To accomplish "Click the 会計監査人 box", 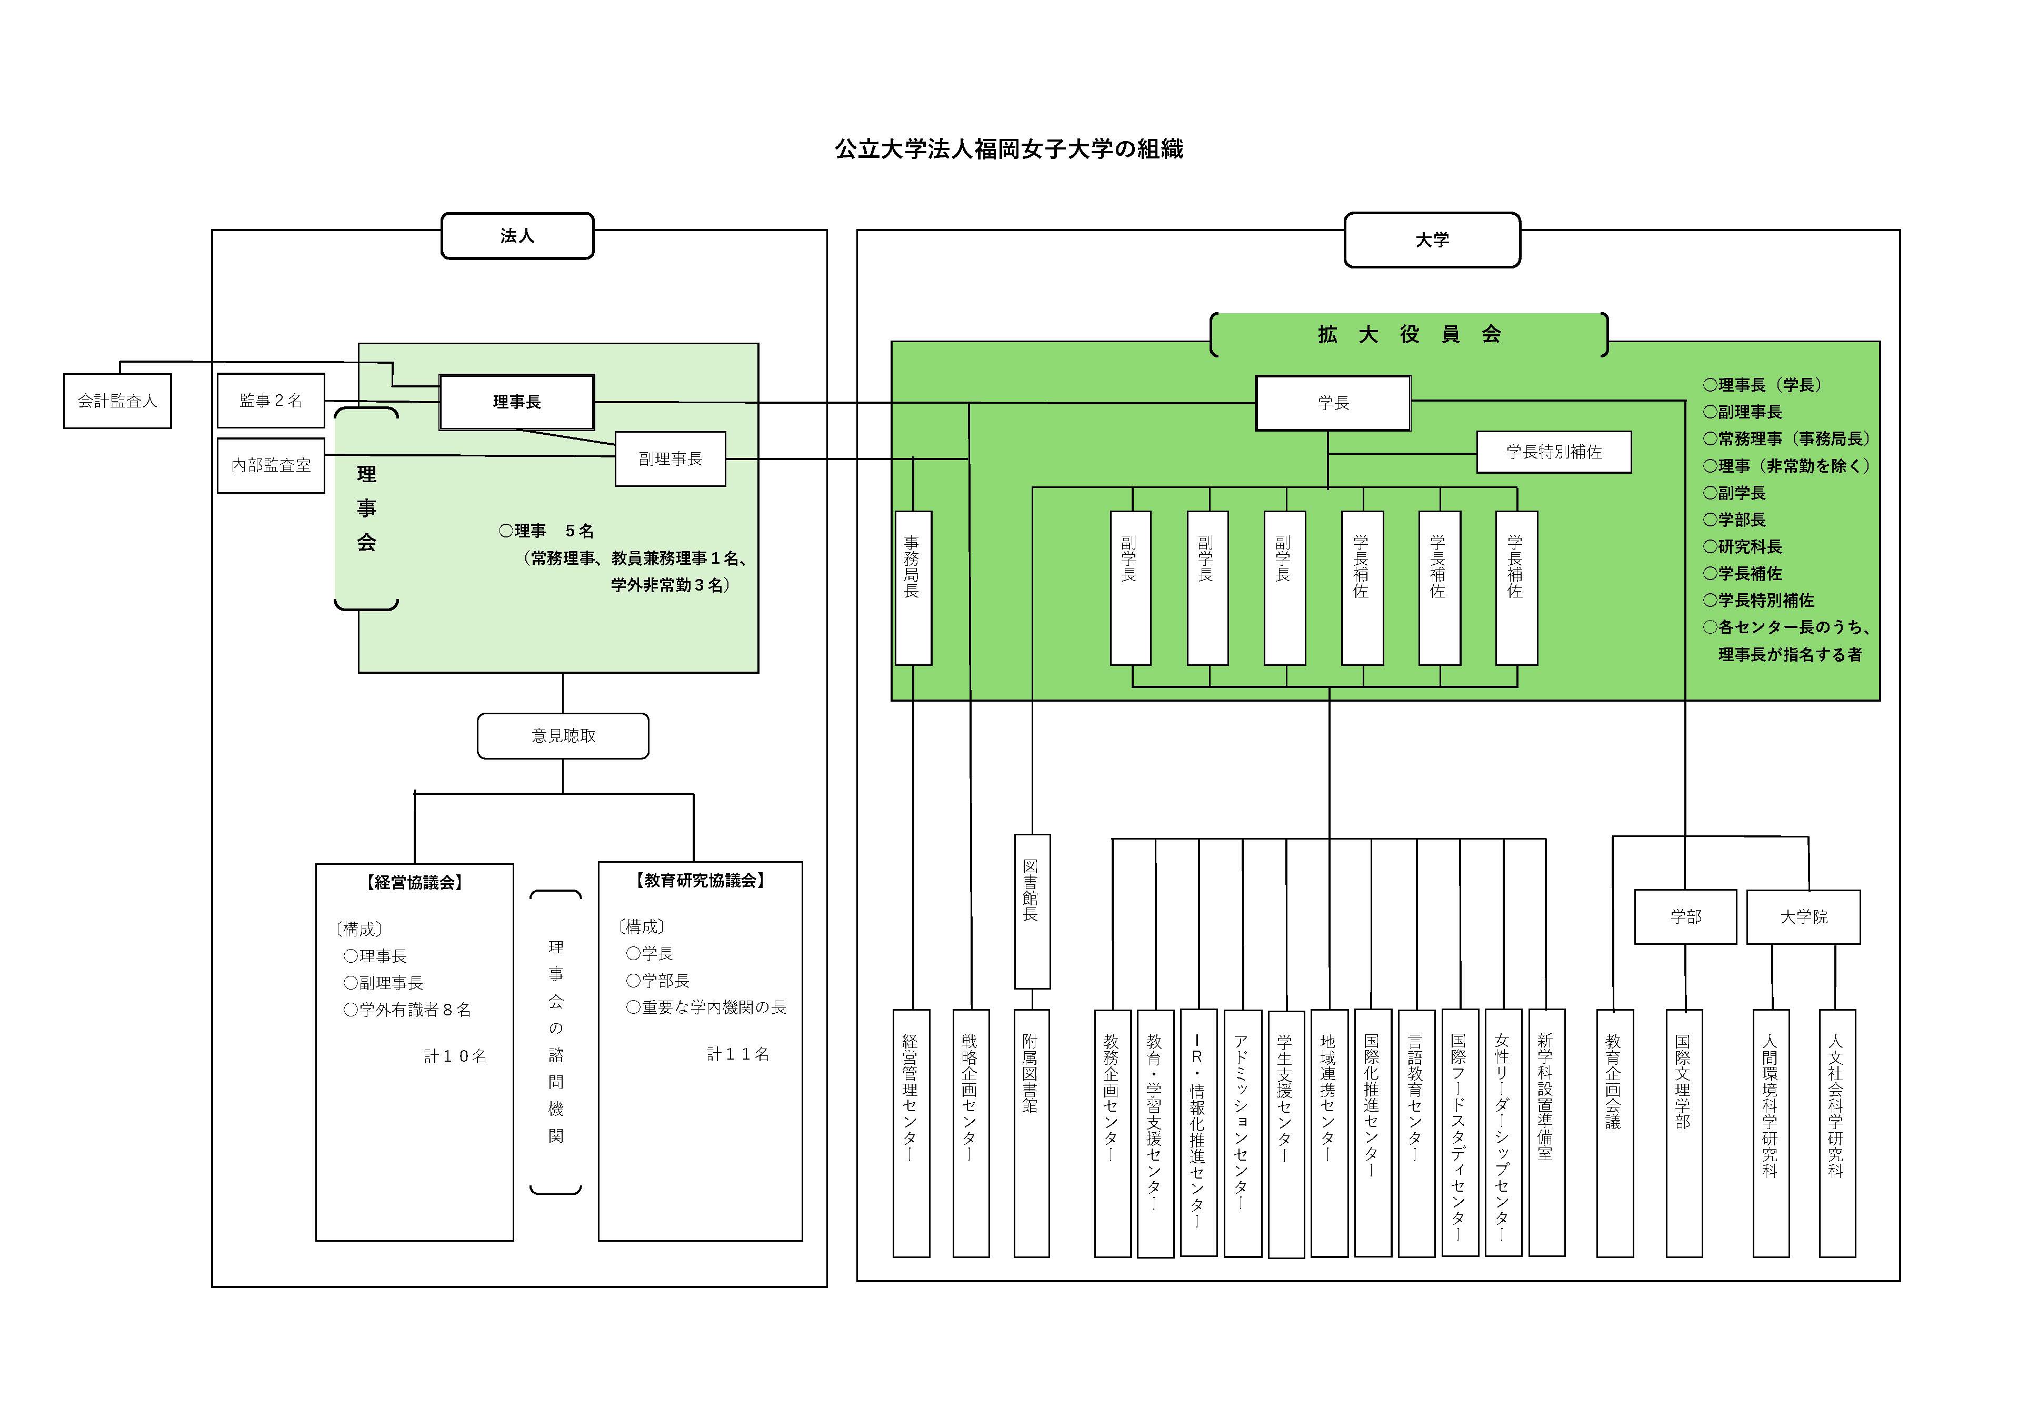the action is [117, 401].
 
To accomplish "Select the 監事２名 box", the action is [271, 400].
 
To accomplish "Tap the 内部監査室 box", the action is [271, 465].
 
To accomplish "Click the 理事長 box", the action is [517, 402].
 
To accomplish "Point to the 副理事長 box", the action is [671, 459].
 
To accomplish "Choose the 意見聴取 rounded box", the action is [563, 736].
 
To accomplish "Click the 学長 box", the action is [1333, 403].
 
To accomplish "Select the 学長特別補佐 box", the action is [1554, 452].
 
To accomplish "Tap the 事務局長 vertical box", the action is [913, 588].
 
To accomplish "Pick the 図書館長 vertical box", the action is [1032, 912].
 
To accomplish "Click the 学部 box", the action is [1686, 917].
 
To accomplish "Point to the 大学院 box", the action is [1804, 917].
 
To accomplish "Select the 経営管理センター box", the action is [912, 1133].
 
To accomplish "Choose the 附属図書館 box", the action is [1032, 1133].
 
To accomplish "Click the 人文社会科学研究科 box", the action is [1837, 1133].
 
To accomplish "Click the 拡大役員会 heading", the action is [1409, 334].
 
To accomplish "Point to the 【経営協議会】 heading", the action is [414, 882].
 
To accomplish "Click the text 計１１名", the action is [738, 1054].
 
